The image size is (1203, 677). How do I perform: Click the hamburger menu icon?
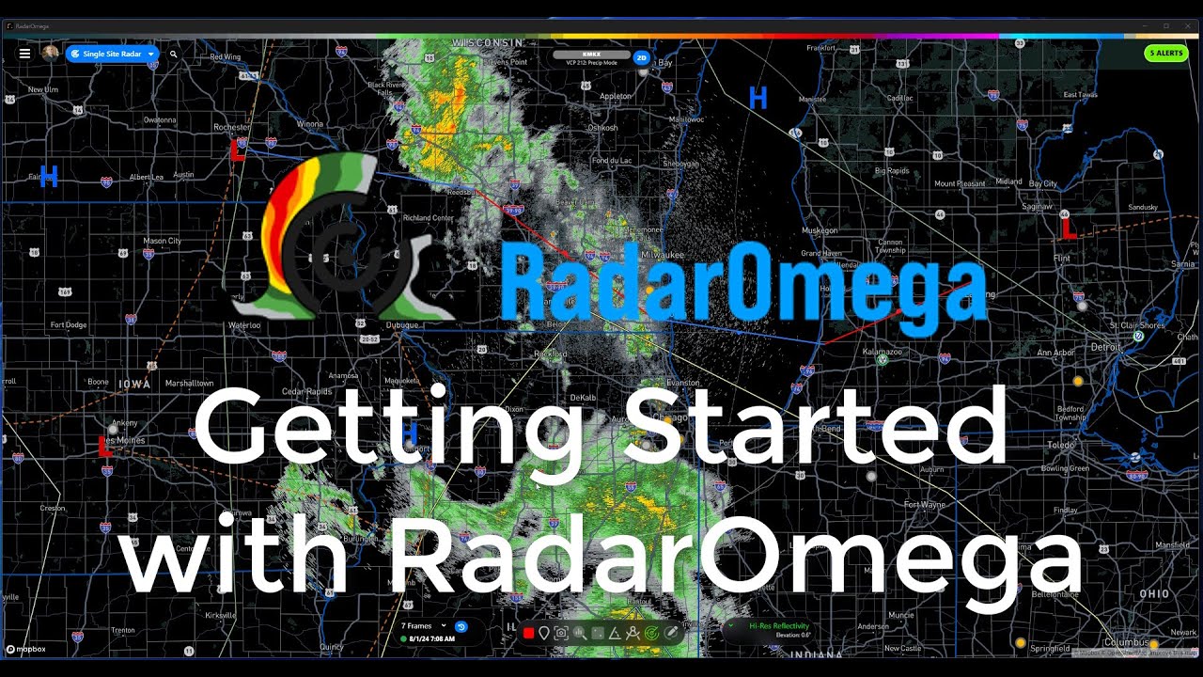click(24, 54)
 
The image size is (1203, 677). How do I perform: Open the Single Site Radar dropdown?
click(112, 55)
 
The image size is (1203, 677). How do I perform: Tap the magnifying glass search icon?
click(174, 55)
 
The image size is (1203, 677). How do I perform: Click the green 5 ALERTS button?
click(1166, 54)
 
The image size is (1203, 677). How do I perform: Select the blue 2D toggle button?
click(642, 57)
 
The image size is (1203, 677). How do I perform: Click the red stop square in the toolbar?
click(528, 633)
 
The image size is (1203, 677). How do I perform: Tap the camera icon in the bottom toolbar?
click(561, 633)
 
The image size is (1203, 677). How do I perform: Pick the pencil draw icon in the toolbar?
click(671, 633)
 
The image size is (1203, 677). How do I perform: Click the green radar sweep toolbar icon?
click(652, 633)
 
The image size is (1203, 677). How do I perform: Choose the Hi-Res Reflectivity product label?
click(779, 626)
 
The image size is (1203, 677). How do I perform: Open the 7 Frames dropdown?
click(424, 626)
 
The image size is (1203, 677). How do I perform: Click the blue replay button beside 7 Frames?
click(461, 626)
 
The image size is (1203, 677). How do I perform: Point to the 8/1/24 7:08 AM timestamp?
click(431, 639)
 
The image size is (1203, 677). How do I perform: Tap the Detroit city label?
click(1106, 347)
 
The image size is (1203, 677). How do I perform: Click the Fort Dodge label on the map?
click(69, 325)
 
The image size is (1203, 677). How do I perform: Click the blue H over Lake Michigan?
click(758, 97)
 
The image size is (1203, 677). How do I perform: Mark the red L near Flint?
click(1068, 228)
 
